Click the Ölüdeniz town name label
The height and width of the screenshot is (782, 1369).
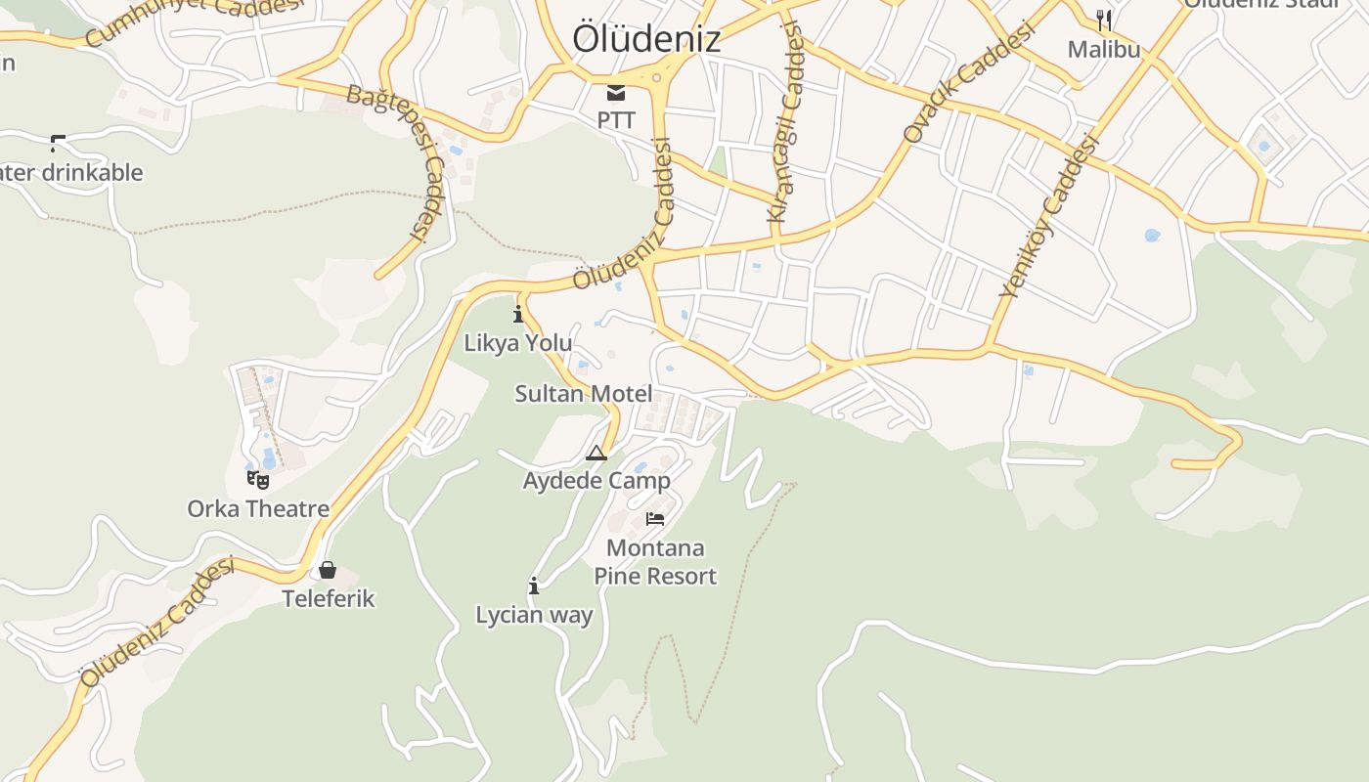tap(646, 39)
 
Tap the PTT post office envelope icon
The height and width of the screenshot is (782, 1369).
tap(616, 94)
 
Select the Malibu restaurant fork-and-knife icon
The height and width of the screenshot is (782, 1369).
tap(1104, 20)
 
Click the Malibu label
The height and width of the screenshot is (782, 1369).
tap(1104, 49)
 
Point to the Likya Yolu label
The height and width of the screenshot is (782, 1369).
tap(518, 343)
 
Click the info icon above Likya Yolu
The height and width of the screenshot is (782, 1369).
tap(518, 315)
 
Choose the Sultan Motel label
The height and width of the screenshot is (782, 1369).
tap(584, 394)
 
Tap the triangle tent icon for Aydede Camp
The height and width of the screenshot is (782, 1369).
tap(596, 453)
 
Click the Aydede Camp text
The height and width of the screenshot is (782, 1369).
tap(596, 481)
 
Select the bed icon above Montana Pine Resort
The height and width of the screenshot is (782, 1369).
tap(655, 519)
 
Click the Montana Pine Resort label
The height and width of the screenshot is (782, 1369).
tap(655, 562)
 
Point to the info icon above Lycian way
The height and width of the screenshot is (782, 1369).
tap(534, 586)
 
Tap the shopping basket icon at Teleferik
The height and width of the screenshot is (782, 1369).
tap(328, 570)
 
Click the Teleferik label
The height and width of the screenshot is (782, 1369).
tap(329, 598)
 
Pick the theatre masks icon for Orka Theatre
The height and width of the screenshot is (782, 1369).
tap(258, 480)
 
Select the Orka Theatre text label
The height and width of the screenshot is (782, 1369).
tap(258, 509)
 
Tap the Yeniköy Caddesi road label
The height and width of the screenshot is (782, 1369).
tap(1049, 216)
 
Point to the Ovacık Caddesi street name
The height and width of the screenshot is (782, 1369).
tap(968, 84)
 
